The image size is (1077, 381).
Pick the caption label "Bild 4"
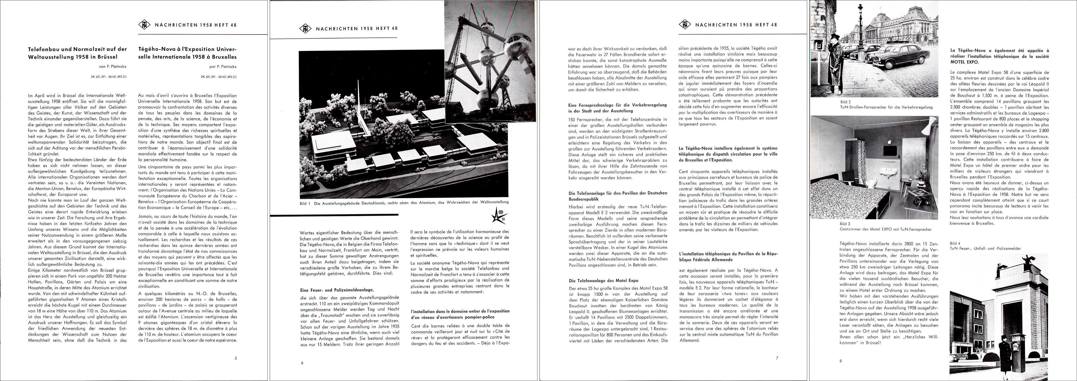[955, 243]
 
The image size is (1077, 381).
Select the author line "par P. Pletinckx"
[222, 66]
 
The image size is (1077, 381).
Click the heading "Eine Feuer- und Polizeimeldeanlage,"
[337, 290]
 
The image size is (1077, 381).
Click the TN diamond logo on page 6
[306, 28]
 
